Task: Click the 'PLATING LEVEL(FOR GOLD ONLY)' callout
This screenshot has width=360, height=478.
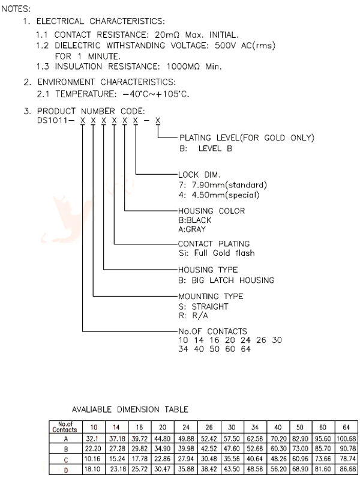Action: pos(247,138)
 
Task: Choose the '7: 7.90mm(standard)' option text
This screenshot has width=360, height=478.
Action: pos(223,184)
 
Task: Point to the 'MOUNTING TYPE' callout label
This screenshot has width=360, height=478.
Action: pos(211,296)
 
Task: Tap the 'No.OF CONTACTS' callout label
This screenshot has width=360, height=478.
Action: pos(213,331)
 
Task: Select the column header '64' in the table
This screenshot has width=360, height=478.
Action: pos(347,428)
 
